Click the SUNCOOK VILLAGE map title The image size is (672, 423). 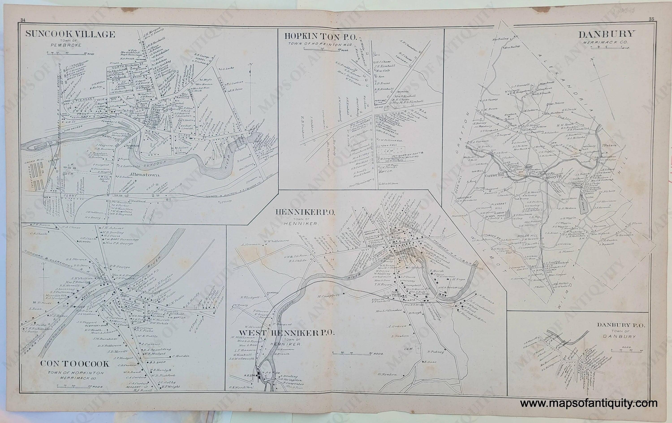tap(70, 34)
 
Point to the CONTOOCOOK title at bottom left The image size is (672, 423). tap(75, 364)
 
